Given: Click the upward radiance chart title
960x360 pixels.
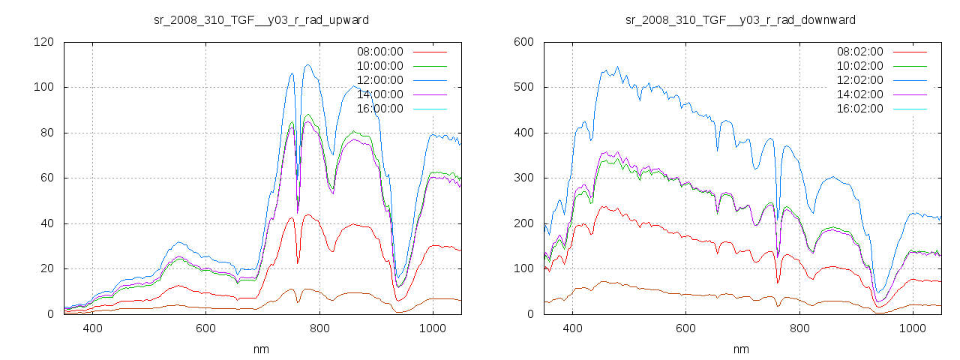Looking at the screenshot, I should click(260, 19).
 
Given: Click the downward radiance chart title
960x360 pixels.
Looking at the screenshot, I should click(740, 19).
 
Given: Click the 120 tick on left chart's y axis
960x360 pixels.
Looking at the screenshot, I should click(44, 42).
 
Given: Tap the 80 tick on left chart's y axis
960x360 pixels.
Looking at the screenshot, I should click(47, 133).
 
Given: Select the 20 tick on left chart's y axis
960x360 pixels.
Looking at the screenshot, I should click(47, 268).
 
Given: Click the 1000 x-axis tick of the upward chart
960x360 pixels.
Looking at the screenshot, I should click(432, 328).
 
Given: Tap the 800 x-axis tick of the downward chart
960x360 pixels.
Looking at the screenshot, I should click(799, 328).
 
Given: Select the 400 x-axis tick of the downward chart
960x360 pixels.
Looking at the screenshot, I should click(572, 328).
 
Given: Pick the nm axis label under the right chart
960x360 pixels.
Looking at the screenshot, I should click(740, 349).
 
